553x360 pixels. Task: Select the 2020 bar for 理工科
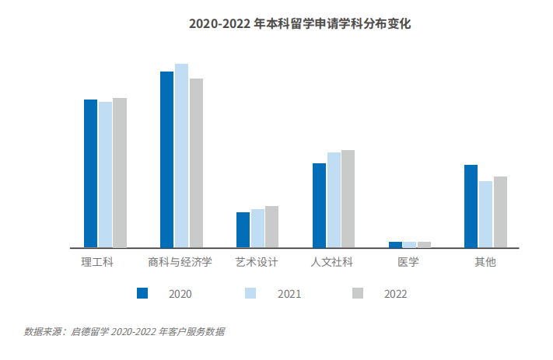pos(91,173)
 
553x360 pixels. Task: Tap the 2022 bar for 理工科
pos(120,173)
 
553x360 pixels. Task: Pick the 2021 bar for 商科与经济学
pos(181,156)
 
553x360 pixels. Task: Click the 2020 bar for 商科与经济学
pos(167,159)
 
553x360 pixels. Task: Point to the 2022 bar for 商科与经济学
pos(196,163)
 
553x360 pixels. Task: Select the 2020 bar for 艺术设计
pos(243,229)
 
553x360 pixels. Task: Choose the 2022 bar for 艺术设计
pos(271,226)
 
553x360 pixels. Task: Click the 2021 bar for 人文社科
pos(334,200)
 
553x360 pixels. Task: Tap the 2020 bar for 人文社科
pos(319,205)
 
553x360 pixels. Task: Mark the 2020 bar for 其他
pos(471,206)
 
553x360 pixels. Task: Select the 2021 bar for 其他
pos(485,214)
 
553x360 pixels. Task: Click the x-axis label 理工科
pos(98,262)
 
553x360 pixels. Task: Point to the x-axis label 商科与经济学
pos(180,262)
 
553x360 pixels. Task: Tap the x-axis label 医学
pos(408,262)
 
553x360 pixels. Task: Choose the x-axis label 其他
pos(485,262)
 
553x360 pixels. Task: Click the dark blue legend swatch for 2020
pos(142,293)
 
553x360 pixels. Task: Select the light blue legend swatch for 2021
pos(250,293)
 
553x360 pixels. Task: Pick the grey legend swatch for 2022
pos(358,293)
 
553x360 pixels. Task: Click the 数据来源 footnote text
pos(124,331)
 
